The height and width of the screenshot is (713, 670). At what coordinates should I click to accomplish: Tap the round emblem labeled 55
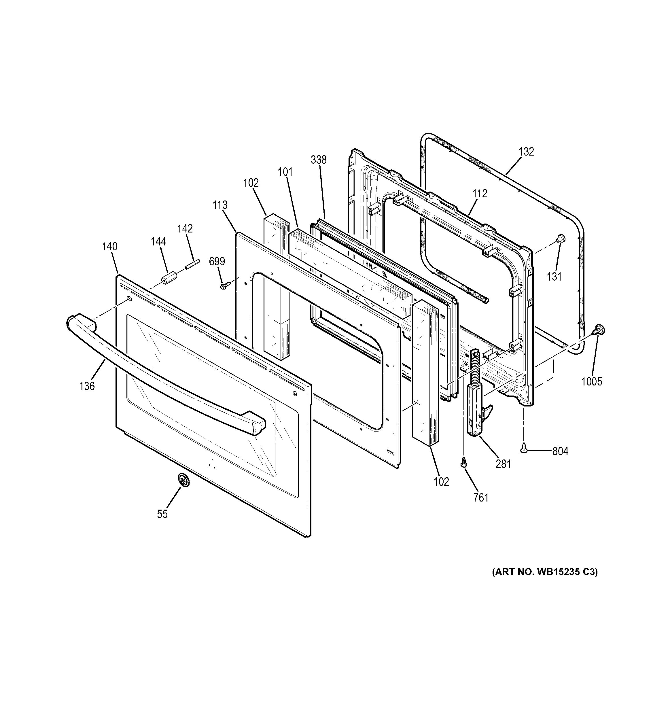click(183, 480)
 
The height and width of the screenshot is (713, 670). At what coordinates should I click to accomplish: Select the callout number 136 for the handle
click(87, 386)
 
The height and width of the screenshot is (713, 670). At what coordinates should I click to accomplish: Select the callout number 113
click(219, 205)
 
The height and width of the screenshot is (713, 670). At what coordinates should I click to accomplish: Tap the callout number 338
click(319, 160)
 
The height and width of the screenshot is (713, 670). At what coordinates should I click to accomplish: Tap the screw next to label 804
click(524, 447)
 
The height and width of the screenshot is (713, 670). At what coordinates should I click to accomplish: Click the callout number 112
click(480, 194)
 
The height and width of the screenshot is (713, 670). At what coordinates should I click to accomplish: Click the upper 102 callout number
click(250, 183)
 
